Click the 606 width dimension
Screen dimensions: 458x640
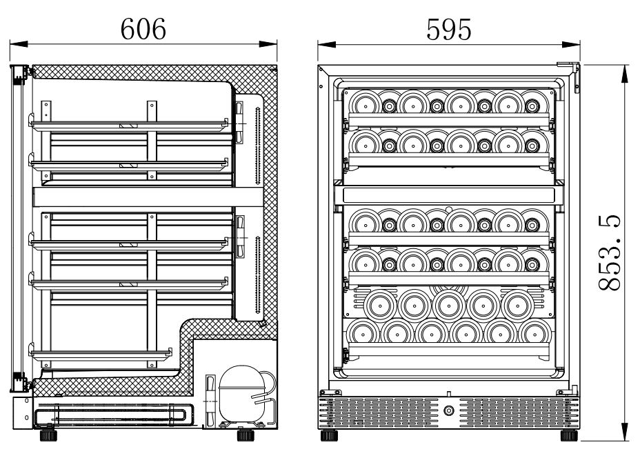143,28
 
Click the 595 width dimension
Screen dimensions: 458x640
449,28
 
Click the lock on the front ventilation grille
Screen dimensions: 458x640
450,411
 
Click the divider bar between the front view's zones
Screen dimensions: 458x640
448,194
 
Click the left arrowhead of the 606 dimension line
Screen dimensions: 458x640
14,43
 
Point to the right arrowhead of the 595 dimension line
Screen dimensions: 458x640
575,43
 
